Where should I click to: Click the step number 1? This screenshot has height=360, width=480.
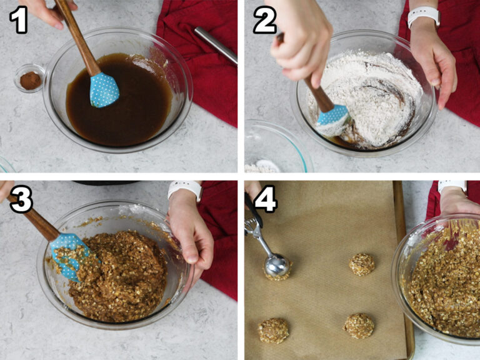pyautogui.click(x=19, y=21)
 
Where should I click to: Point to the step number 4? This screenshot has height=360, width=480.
pyautogui.click(x=264, y=200)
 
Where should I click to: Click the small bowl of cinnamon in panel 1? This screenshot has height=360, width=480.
pyautogui.click(x=29, y=79)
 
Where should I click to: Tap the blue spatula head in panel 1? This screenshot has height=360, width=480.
pyautogui.click(x=104, y=89)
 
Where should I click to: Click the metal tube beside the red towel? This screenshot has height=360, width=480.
pyautogui.click(x=215, y=44)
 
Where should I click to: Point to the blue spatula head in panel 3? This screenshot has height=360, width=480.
pyautogui.click(x=68, y=252)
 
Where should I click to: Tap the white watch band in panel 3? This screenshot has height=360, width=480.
pyautogui.click(x=184, y=189)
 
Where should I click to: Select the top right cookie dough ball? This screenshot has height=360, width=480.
pyautogui.click(x=362, y=264)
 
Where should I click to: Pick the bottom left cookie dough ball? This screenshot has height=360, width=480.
pyautogui.click(x=274, y=331)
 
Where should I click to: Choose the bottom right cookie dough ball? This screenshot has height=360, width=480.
pyautogui.click(x=359, y=326)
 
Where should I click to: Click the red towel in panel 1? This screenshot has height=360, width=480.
pyautogui.click(x=200, y=62)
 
